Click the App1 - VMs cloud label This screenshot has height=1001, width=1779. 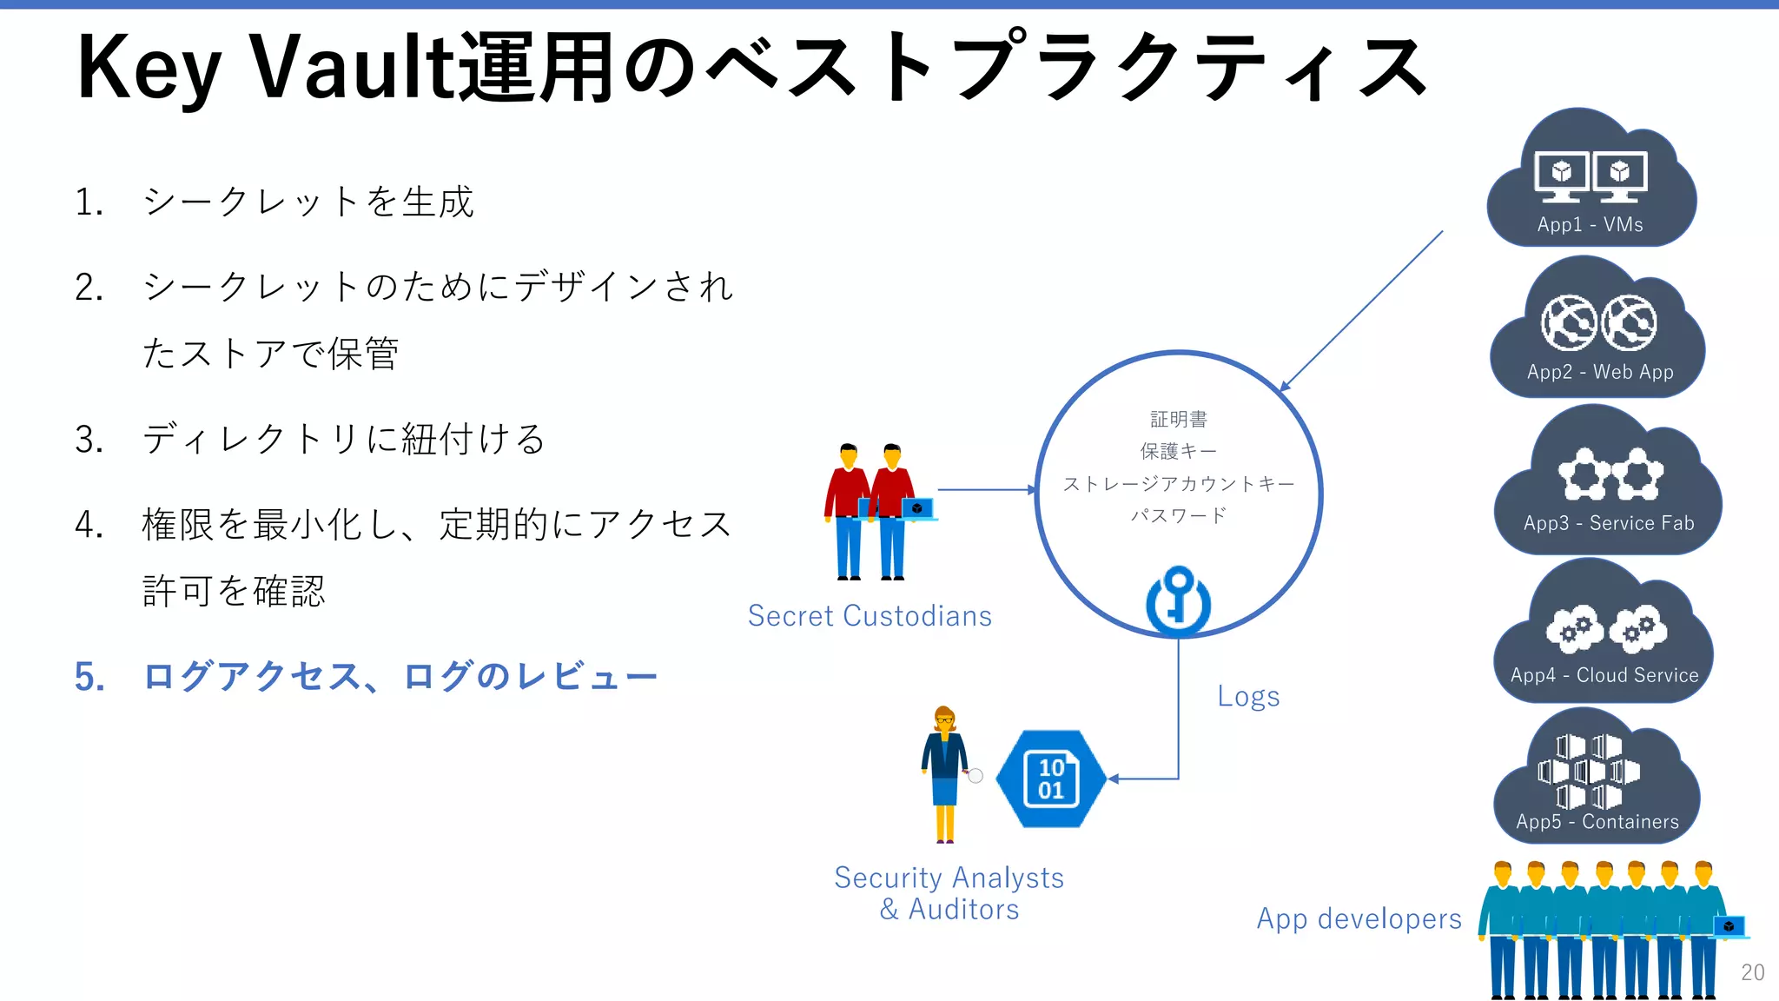[x=1590, y=224]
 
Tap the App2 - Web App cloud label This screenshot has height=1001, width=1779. [x=1600, y=372]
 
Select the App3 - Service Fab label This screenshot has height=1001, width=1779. [x=1609, y=523]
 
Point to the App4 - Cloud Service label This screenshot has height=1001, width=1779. [x=1604, y=675]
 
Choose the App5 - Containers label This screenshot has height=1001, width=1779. [x=1597, y=822]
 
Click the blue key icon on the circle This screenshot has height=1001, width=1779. [x=1178, y=600]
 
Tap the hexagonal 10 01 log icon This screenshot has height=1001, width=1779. [x=1050, y=779]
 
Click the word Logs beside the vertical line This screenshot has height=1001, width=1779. [x=1248, y=697]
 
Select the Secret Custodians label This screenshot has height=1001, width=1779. [x=870, y=616]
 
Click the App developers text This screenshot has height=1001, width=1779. [x=1359, y=918]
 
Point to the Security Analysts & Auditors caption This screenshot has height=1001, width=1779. [x=949, y=893]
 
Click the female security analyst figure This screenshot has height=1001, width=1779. [x=945, y=773]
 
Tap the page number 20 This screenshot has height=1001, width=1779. [x=1752, y=972]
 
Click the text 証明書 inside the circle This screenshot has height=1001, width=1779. [x=1178, y=420]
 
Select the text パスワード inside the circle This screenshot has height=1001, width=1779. [x=1178, y=515]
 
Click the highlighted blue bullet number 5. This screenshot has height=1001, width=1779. [x=89, y=677]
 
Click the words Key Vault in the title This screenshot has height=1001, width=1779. [x=265, y=68]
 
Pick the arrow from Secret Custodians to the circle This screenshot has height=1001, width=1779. [x=986, y=490]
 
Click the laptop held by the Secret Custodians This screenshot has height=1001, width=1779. [x=917, y=508]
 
